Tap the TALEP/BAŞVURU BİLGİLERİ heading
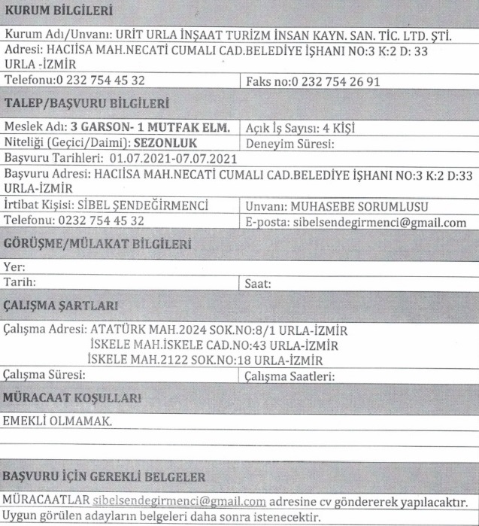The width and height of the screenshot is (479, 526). coord(86,103)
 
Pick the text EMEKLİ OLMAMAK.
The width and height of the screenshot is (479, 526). coord(56,421)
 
